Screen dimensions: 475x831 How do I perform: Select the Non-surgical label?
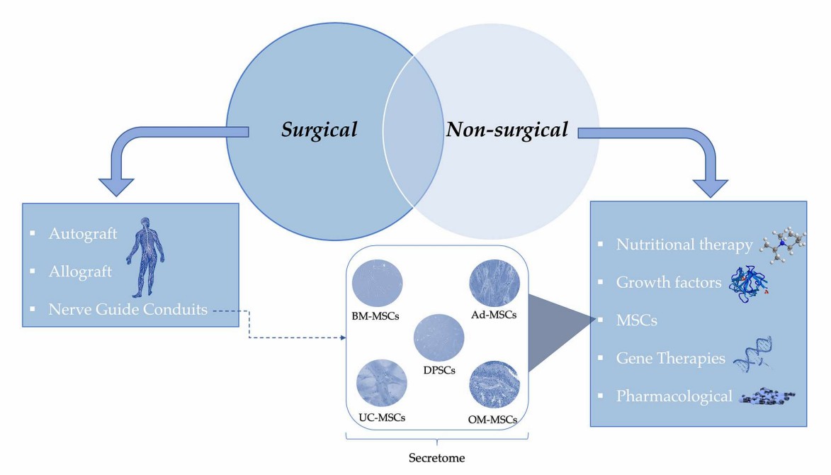507,130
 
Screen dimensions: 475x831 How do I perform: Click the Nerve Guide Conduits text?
118,309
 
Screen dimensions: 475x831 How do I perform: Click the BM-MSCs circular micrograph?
378,281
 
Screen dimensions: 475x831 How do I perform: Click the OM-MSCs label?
493,420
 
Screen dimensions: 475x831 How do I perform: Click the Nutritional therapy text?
684,245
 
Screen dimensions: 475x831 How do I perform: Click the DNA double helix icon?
754,357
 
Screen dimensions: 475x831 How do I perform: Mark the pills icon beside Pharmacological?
768,396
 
